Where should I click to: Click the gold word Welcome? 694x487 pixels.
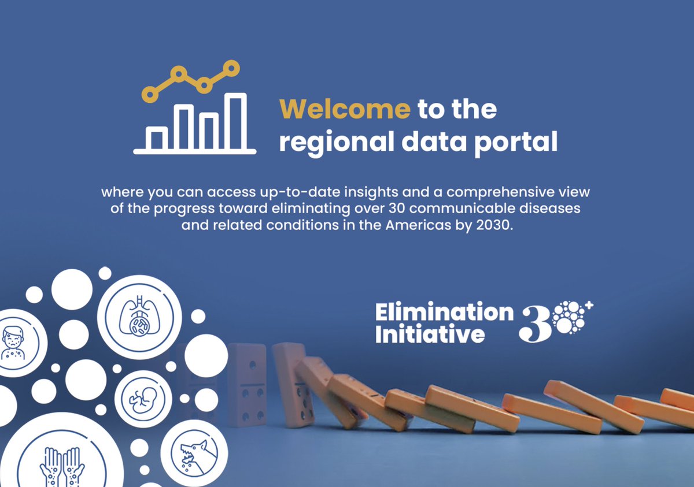click(x=345, y=109)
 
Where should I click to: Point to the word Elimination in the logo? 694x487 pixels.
click(x=444, y=313)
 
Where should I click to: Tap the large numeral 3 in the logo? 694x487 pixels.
click(x=533, y=324)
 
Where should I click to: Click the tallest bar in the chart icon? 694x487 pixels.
click(x=236, y=121)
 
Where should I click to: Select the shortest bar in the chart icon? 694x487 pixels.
click(x=157, y=139)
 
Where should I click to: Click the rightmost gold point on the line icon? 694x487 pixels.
click(x=231, y=68)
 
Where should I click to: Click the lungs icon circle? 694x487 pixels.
click(x=139, y=317)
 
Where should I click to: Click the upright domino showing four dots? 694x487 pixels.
click(x=247, y=384)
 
